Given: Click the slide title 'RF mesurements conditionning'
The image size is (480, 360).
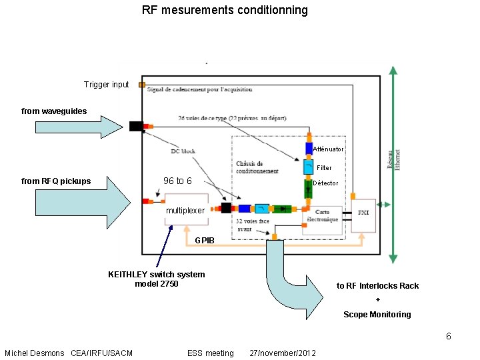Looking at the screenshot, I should [225, 10].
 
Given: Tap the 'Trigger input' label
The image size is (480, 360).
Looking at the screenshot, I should [106, 85].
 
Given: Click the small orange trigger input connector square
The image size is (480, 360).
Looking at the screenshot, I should [141, 85].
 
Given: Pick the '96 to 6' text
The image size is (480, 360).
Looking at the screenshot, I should [177, 181].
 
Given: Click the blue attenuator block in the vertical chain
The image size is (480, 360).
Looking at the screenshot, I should [309, 148].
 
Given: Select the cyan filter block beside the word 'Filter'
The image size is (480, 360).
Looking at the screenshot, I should [309, 166].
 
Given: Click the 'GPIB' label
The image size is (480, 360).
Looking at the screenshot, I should [205, 241].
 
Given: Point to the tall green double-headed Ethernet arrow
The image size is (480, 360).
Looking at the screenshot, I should [394, 163].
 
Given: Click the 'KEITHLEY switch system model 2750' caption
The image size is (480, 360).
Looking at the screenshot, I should [156, 279].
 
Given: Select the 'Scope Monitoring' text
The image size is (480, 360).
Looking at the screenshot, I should [377, 314].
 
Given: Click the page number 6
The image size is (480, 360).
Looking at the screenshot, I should [449, 336].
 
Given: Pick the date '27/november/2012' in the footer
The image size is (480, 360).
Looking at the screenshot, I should [282, 353].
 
